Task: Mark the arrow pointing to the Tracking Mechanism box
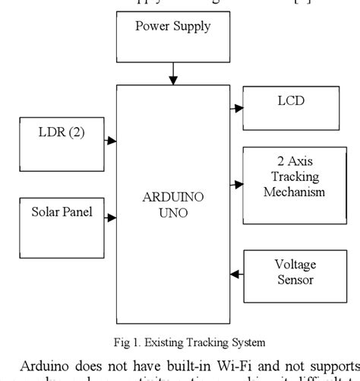click(235, 183)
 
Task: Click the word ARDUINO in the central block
click(174, 198)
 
